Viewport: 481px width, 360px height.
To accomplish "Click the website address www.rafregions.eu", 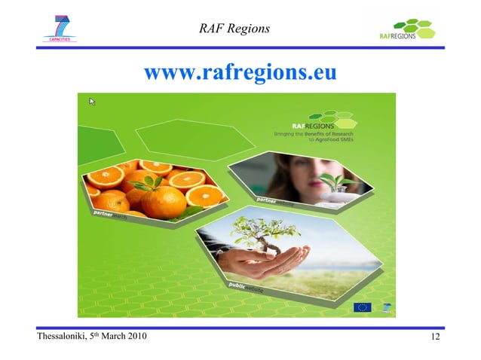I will click(x=240, y=73).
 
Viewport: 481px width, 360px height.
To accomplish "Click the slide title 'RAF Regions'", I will click(x=234, y=29).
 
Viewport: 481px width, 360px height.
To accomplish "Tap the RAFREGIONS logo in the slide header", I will click(x=407, y=31).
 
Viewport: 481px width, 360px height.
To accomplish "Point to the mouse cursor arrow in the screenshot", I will click(x=92, y=101).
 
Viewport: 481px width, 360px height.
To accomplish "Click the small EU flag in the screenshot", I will click(x=363, y=307).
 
